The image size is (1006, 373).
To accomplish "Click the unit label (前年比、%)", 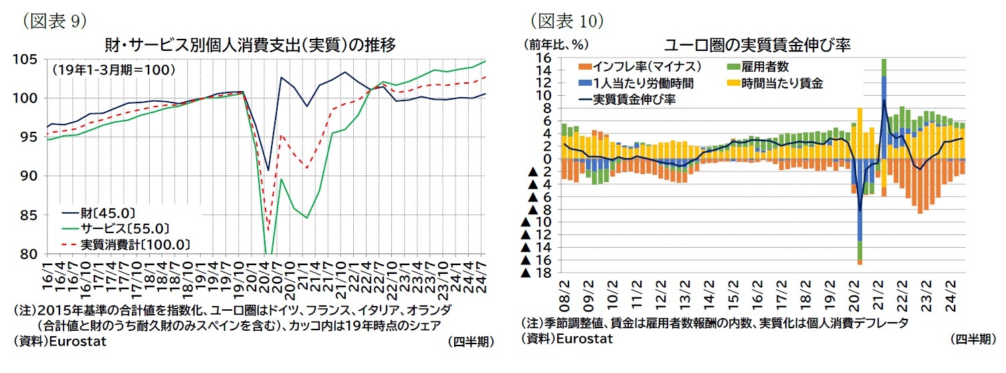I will coord(555,45).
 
